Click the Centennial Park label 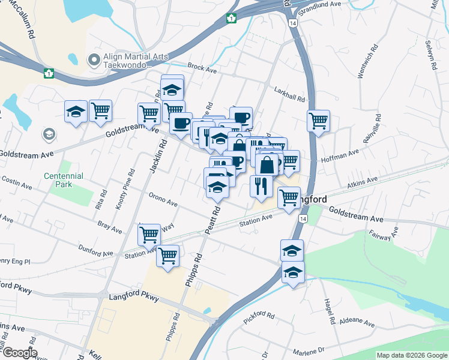63,180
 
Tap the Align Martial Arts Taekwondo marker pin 93,59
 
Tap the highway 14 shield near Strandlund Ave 292,23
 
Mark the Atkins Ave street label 363,181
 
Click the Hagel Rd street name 330,312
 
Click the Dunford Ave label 95,250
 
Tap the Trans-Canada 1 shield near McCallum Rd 49,73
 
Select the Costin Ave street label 16,182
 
